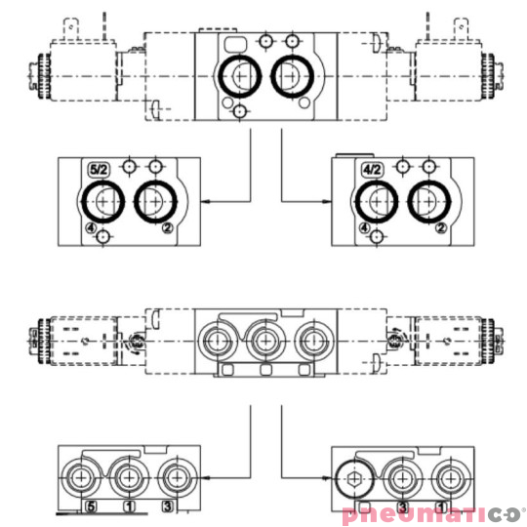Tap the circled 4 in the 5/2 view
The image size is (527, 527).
click(x=91, y=229)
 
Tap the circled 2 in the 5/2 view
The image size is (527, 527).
click(x=168, y=229)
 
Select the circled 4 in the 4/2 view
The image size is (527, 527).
click(x=364, y=229)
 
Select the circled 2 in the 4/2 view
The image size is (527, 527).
click(x=441, y=229)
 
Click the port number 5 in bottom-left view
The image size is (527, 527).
click(x=91, y=507)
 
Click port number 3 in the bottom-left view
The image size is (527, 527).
click(x=167, y=507)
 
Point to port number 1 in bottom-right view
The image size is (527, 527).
click(x=440, y=507)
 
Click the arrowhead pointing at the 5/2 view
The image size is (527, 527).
click(x=208, y=201)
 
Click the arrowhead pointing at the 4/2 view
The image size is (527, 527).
click(x=325, y=201)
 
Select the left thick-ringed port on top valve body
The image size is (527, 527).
click(x=239, y=75)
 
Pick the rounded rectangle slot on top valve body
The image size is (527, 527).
click(x=235, y=44)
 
